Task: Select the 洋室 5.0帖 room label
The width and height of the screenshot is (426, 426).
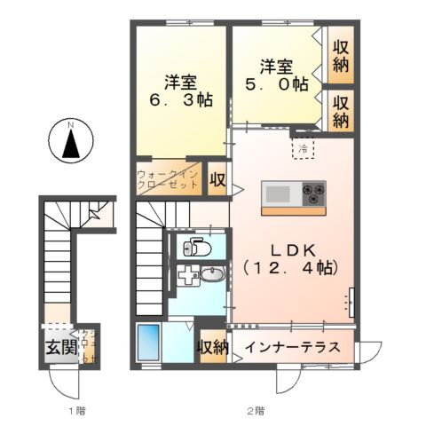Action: click(277, 75)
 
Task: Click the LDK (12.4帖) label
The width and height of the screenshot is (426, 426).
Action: click(290, 256)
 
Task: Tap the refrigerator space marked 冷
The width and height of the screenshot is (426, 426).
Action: click(303, 147)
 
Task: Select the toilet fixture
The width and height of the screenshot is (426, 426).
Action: click(196, 247)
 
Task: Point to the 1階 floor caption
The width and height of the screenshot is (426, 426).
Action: click(77, 411)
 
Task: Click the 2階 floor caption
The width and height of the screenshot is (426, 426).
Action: click(255, 411)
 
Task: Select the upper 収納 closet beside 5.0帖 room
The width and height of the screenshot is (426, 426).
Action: click(340, 55)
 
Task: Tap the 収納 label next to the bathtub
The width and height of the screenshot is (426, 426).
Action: click(212, 347)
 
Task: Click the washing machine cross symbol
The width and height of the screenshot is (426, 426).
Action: click(187, 276)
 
